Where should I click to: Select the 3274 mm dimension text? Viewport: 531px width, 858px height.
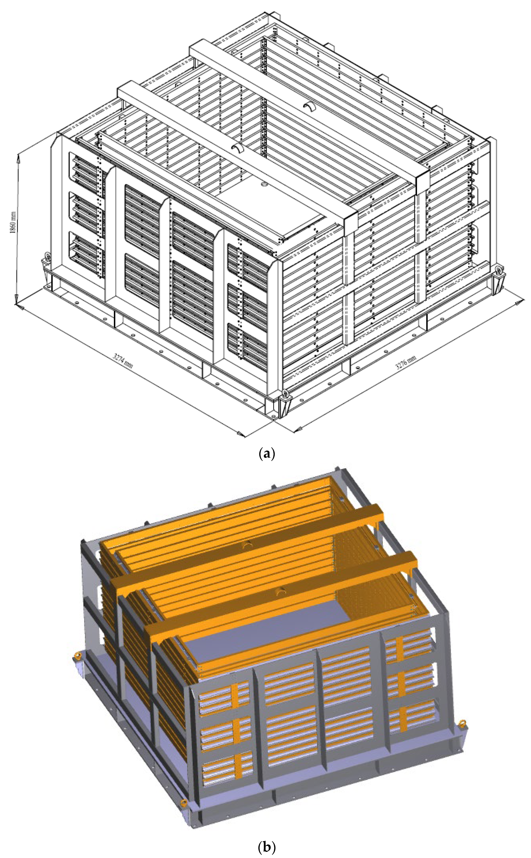pyautogui.click(x=123, y=360)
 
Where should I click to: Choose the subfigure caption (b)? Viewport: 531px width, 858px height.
pyautogui.click(x=266, y=848)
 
